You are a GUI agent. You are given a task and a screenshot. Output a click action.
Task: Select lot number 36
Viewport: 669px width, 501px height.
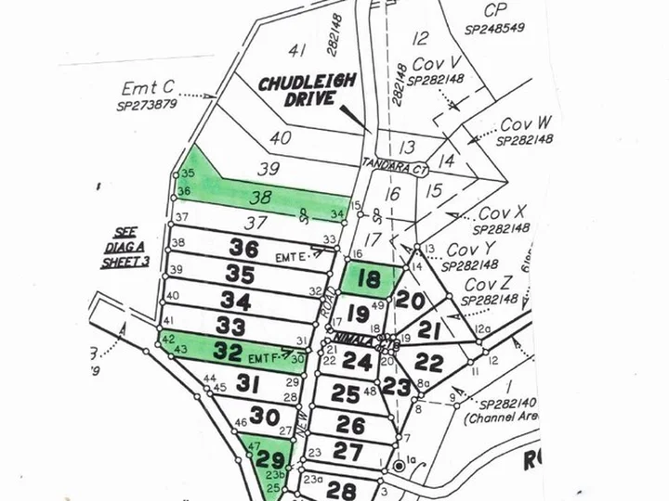[244, 250]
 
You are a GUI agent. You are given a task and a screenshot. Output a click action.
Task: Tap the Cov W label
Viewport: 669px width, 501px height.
[526, 124]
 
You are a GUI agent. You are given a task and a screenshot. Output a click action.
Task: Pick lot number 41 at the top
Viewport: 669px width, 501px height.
[297, 49]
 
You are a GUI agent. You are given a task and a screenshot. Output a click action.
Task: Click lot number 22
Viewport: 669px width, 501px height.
[428, 363]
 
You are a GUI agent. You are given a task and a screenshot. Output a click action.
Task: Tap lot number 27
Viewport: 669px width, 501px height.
[348, 452]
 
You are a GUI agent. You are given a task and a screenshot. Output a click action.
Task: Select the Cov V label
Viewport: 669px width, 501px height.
[438, 66]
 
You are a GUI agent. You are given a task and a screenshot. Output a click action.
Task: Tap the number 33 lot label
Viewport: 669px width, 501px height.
[230, 326]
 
